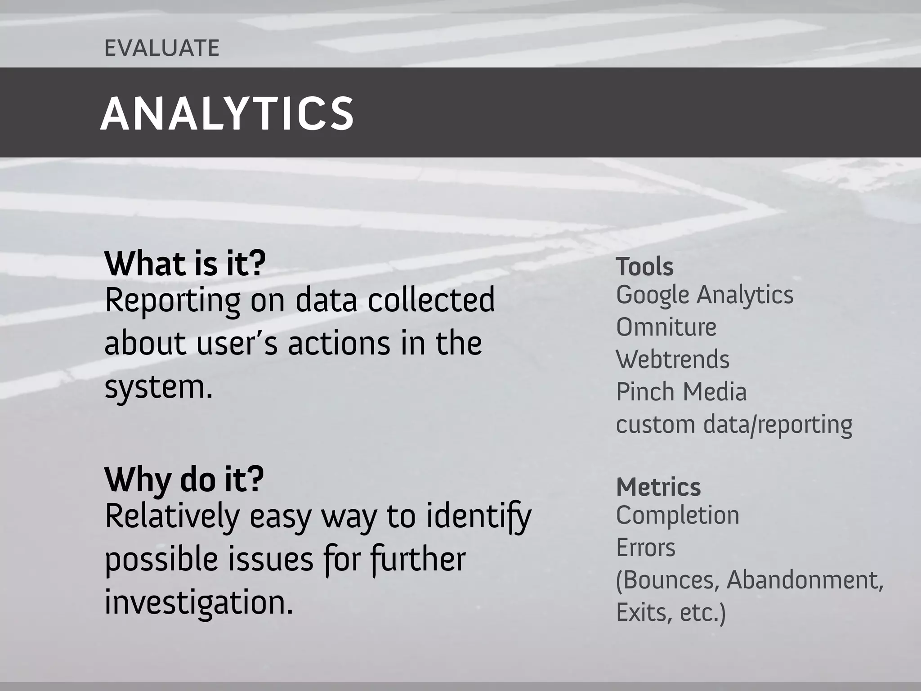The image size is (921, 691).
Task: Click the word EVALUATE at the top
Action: (x=162, y=48)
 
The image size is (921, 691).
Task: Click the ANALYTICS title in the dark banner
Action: (x=227, y=114)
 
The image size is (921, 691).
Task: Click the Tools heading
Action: (x=644, y=267)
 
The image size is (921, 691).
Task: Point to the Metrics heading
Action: (x=658, y=487)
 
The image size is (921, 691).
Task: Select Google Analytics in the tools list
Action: (x=704, y=296)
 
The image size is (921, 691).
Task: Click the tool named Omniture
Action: (x=666, y=327)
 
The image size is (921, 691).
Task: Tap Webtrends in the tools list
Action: (x=672, y=359)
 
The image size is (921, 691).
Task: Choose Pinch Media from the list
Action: (x=681, y=392)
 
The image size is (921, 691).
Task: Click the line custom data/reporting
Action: (x=733, y=425)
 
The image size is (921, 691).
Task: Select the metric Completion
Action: (x=677, y=516)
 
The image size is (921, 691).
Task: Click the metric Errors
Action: (x=645, y=548)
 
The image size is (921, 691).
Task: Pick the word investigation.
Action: (x=198, y=603)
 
